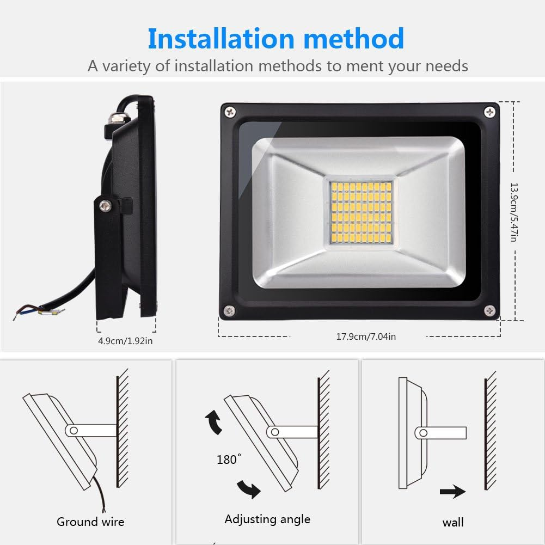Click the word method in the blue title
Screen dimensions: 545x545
click(x=354, y=39)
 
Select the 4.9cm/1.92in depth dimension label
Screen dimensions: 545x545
click(x=125, y=341)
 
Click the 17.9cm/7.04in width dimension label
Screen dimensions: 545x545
click(x=366, y=336)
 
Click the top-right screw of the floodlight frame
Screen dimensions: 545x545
click(x=490, y=112)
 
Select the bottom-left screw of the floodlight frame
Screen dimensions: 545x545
click(x=229, y=310)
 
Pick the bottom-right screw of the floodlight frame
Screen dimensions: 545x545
click(x=489, y=310)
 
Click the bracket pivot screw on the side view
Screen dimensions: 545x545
click(x=104, y=205)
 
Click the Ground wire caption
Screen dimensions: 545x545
click(x=90, y=522)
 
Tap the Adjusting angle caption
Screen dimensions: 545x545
click(x=267, y=519)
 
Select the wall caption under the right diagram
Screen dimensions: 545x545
click(x=453, y=523)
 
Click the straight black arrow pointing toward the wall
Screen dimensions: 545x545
click(x=453, y=492)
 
